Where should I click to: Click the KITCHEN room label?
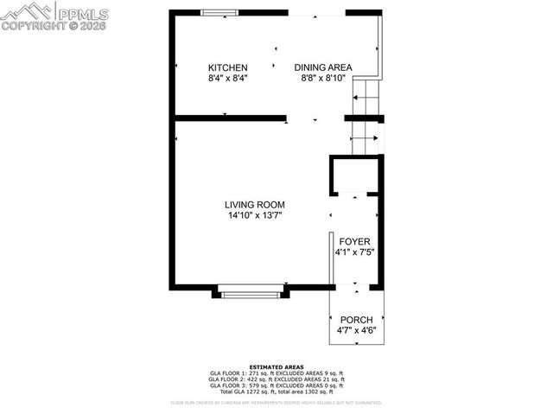[228, 67]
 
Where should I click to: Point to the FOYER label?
[354, 241]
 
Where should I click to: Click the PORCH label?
[356, 319]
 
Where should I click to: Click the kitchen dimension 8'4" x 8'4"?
[228, 78]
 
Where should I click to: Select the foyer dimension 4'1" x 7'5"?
[354, 252]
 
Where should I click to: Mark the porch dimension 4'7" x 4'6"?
[356, 330]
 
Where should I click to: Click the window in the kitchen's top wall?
[220, 11]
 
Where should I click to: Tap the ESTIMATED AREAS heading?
[276, 366]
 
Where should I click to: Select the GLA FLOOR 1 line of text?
[276, 373]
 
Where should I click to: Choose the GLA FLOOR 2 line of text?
[276, 379]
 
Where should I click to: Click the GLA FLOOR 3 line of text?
[276, 385]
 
